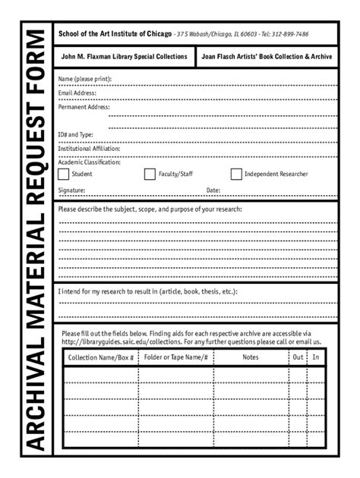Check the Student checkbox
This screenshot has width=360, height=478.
coord(63,175)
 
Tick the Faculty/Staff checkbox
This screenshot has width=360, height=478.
coord(150,175)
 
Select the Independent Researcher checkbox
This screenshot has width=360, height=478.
coord(236,175)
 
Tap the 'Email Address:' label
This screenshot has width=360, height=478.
coord(78,93)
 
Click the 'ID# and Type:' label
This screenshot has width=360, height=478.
coord(76,134)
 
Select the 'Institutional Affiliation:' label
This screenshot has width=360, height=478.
coord(89,148)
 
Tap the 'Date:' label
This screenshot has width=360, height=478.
coord(213,190)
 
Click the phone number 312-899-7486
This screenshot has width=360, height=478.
coord(286,34)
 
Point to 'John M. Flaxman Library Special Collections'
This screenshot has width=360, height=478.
coord(124,57)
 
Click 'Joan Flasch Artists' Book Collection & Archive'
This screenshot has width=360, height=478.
coord(266,57)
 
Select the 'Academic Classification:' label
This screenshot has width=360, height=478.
coord(90,162)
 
